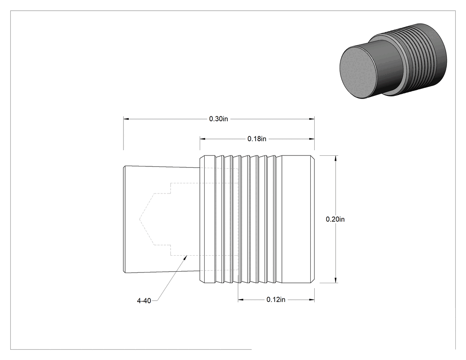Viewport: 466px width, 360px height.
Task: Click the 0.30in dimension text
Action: pos(218,119)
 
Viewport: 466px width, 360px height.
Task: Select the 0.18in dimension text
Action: pos(257,138)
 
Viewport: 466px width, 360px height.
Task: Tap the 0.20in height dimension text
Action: pos(335,219)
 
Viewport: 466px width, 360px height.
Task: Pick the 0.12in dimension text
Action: pos(276,300)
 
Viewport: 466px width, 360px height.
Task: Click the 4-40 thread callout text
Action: pos(144,301)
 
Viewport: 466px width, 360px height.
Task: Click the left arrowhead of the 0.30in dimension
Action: pos(126,119)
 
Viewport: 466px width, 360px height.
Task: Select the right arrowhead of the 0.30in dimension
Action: pos(312,119)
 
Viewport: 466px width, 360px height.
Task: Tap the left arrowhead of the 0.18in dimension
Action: pos(202,138)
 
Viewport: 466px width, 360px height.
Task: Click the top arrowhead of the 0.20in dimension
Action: pos(336,158)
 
